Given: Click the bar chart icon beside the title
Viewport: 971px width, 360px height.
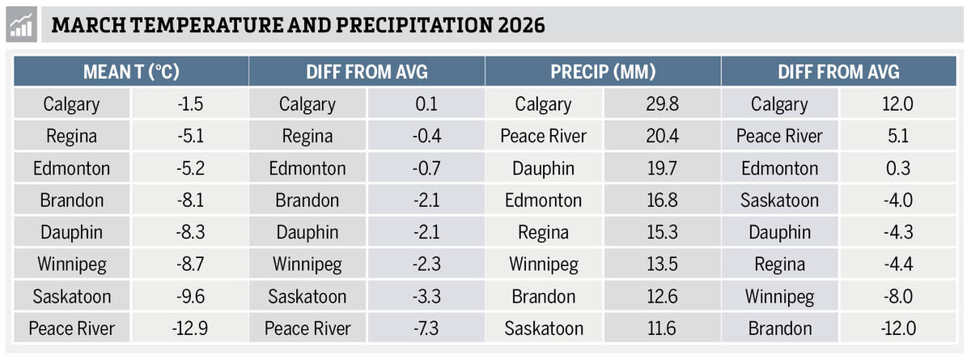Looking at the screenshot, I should [22, 25].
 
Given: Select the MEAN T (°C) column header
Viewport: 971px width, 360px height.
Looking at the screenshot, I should [131, 72].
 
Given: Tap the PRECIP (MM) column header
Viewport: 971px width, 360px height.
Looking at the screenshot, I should [603, 72].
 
